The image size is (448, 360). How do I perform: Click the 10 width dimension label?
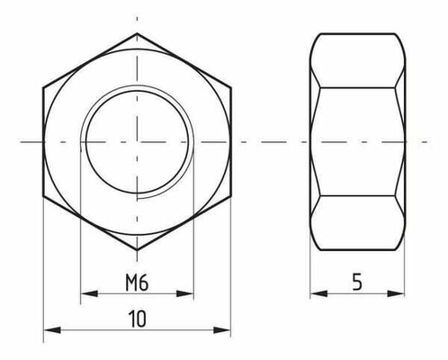[138, 319]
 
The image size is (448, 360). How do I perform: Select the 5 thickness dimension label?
[357, 283]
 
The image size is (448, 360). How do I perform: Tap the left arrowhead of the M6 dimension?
[86, 293]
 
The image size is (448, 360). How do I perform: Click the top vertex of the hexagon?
[138, 35]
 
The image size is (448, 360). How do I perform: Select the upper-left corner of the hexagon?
[44, 88]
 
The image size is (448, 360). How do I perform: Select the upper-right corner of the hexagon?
[231, 88]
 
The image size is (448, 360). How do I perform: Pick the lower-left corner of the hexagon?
[44, 193]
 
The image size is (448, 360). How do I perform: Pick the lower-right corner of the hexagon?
[231, 193]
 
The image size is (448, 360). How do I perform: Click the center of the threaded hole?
[138, 140]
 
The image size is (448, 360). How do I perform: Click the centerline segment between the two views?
[271, 140]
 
